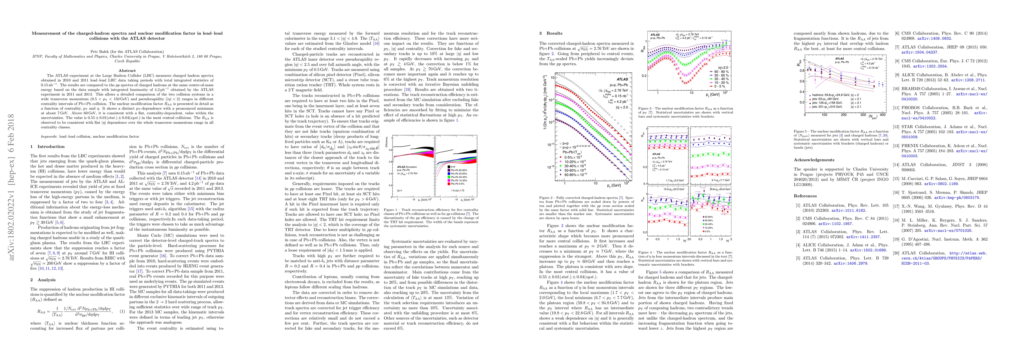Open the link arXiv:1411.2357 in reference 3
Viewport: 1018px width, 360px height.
(x=856, y=237)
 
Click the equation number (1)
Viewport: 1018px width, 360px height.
(x=122, y=311)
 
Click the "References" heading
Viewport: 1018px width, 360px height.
(x=805, y=196)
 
